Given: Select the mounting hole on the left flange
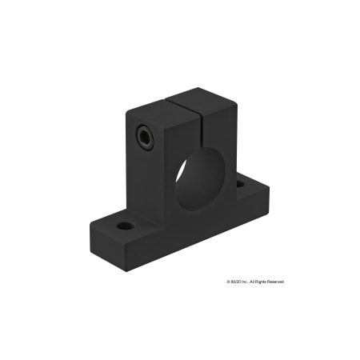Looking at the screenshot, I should click(126, 225).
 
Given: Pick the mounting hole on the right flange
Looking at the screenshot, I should click(240, 184).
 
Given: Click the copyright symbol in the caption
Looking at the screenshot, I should click(229, 282).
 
